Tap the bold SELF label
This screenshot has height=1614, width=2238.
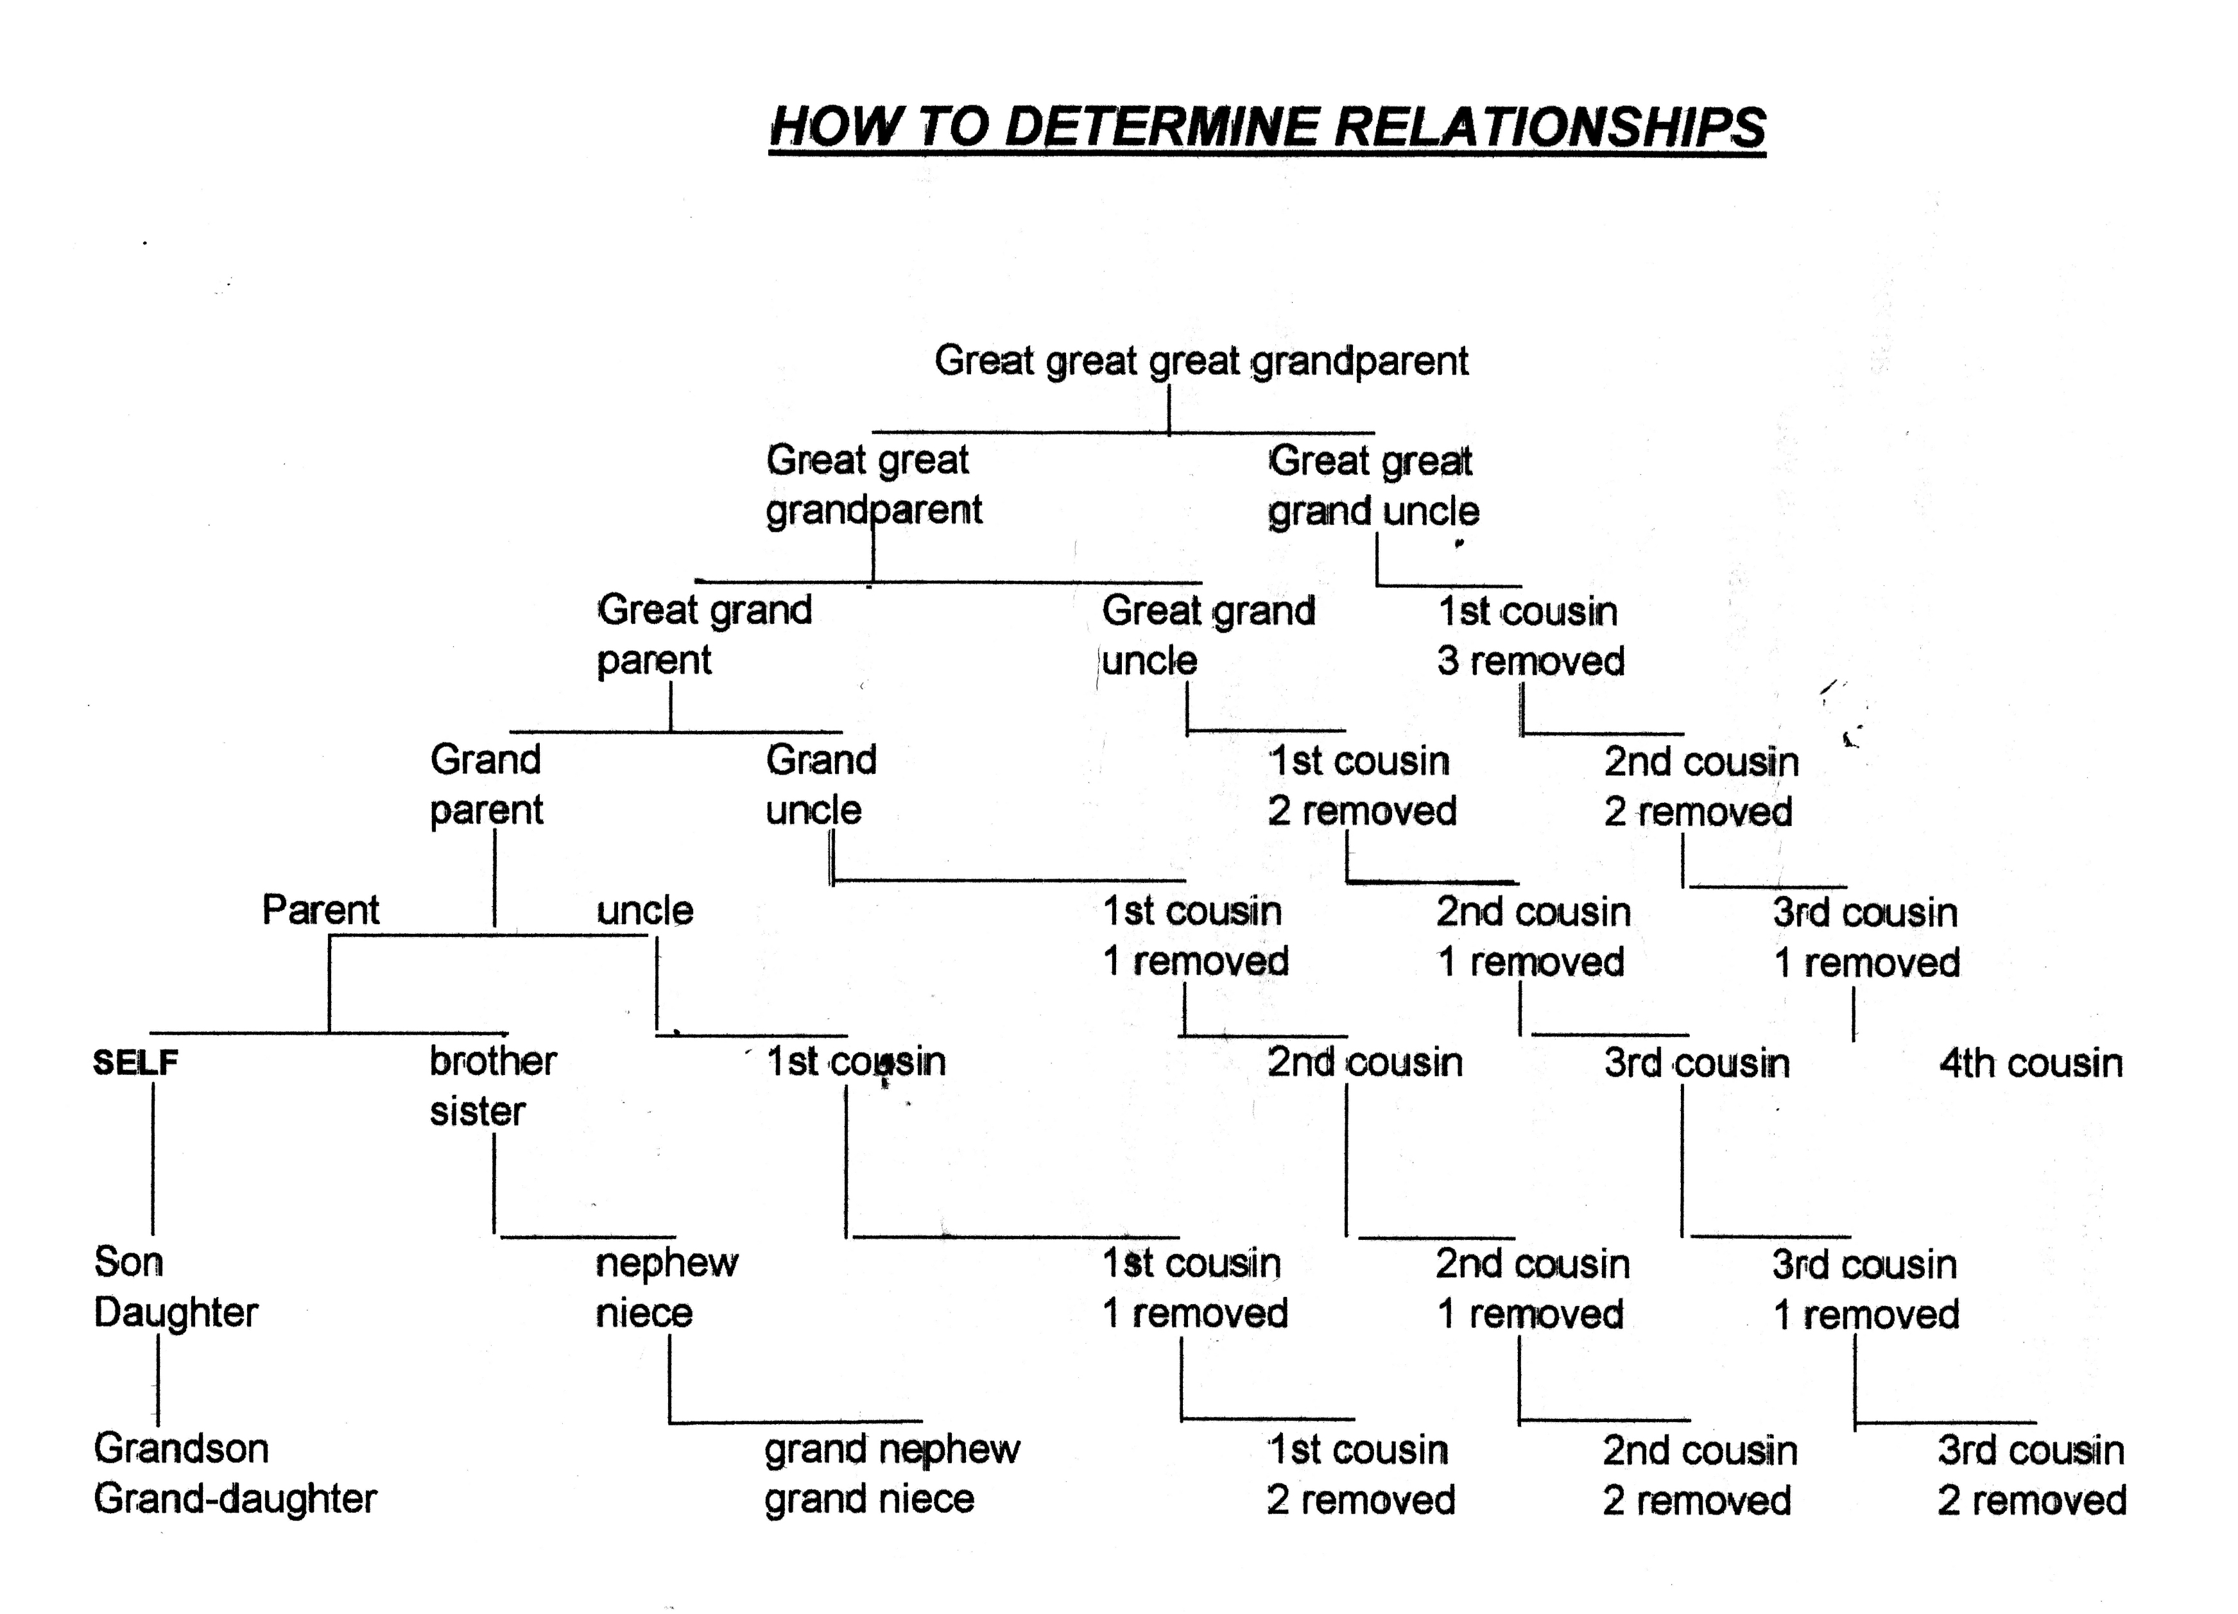135,1063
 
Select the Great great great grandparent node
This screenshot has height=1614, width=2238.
1201,361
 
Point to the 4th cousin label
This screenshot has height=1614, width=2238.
2031,1063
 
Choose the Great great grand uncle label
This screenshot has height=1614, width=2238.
1373,485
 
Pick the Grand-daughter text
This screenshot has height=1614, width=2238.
235,1498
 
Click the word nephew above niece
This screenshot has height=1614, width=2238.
667,1263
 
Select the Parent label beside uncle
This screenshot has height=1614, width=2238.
321,909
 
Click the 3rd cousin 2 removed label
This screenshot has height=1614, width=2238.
2031,1475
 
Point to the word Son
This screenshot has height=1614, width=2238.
128,1262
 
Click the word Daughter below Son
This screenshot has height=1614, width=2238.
176,1312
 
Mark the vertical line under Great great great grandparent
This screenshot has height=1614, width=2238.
1169,408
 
